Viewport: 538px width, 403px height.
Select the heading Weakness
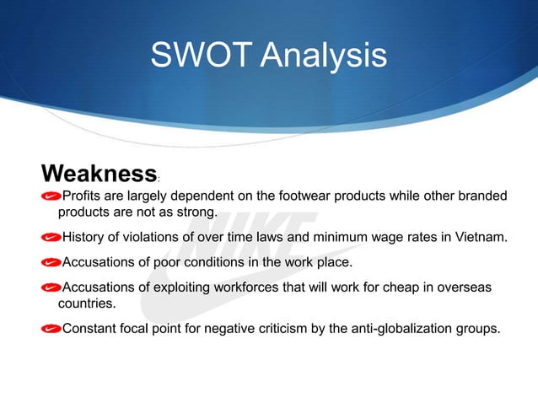(x=98, y=175)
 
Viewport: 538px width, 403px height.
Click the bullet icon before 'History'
(x=51, y=237)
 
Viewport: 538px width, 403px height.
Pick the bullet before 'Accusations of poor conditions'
(x=51, y=262)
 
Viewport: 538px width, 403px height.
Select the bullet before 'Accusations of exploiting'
(x=51, y=287)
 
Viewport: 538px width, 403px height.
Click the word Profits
(x=83, y=197)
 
